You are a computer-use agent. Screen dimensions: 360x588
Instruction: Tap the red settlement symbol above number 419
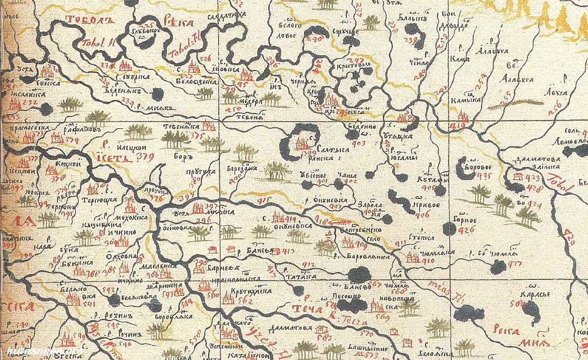point(463,117)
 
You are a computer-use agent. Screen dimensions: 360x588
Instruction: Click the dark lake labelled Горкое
point(449,228)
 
